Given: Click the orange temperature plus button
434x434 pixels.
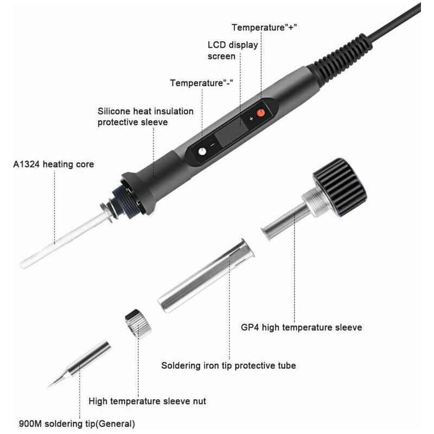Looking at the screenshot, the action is (x=261, y=113).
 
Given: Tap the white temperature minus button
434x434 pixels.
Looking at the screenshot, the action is (x=202, y=152).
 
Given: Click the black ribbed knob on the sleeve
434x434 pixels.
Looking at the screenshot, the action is (x=340, y=187).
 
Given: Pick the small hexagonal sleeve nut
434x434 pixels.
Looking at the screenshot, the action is (x=138, y=324).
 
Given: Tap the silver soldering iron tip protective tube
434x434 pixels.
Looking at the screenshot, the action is (x=206, y=276).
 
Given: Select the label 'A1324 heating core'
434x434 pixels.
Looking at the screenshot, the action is (x=54, y=164).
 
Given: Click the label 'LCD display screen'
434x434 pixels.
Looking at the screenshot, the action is (x=233, y=50).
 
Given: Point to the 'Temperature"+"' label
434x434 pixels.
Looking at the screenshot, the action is (x=264, y=28).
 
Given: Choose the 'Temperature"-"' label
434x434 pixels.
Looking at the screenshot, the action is (x=201, y=83).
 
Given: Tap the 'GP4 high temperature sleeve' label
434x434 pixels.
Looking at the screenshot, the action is (x=302, y=328).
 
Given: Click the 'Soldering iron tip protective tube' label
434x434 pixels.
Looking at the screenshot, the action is (x=228, y=366).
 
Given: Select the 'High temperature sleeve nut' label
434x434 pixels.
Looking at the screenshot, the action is (x=147, y=401).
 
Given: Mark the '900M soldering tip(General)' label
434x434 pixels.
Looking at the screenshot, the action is (x=77, y=424).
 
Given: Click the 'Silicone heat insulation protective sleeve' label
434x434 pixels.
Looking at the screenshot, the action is (x=145, y=117).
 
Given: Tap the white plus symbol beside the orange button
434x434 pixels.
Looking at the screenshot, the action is (x=251, y=119).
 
